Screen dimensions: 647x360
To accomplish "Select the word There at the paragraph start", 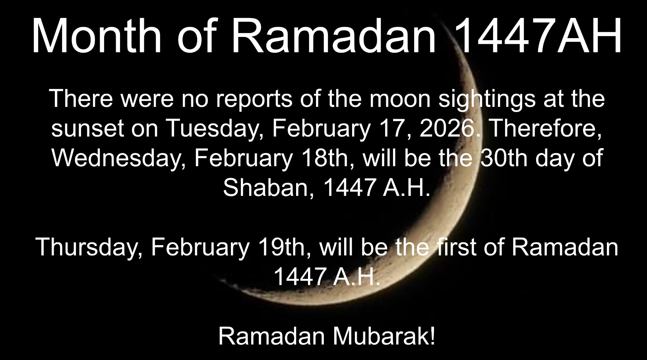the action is (81, 99).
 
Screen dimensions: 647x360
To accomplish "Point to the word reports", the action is (254, 100).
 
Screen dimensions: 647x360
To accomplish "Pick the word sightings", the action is (487, 100).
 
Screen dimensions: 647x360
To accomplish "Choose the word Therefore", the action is (544, 129).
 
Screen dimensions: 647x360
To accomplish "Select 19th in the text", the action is (283, 248).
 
